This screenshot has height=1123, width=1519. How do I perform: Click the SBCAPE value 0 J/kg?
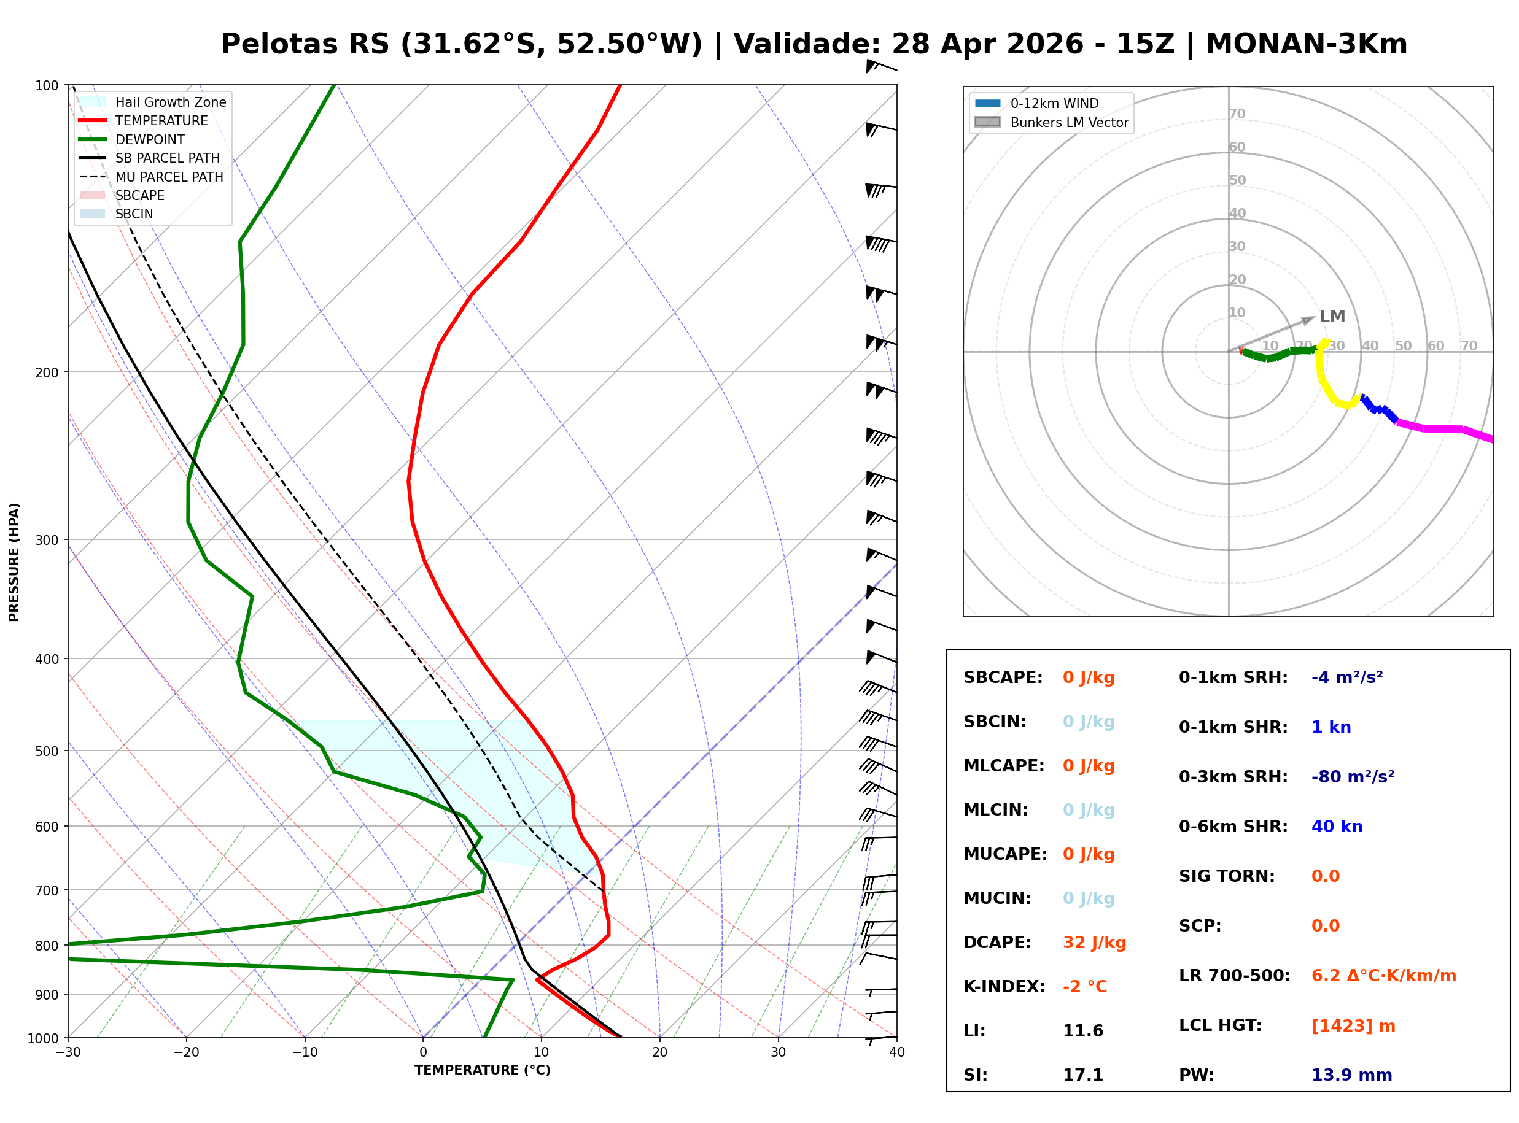click(1088, 677)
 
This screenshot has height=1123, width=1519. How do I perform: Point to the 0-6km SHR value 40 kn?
click(1337, 827)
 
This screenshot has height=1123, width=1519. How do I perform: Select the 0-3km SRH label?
click(1233, 777)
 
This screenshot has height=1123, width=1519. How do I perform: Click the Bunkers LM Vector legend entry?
click(1069, 122)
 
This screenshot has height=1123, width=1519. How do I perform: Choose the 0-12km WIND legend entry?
click(1054, 103)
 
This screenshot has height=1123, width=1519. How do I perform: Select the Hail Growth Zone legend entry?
click(170, 102)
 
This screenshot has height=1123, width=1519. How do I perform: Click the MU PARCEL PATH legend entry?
click(169, 177)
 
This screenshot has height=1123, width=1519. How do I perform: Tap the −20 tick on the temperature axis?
click(185, 1052)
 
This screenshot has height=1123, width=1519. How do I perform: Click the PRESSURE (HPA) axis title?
click(14, 562)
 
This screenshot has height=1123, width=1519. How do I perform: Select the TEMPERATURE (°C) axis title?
click(482, 1071)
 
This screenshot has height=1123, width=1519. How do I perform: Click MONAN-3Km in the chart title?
click(1305, 44)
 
